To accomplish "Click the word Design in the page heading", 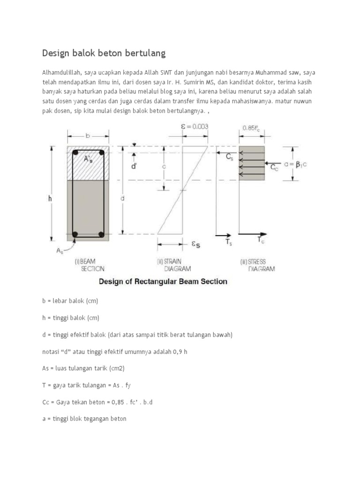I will coord(56,53).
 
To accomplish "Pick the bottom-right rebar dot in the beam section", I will coord(100,233).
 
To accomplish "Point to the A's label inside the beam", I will coord(88,159).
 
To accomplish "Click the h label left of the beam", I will coord(50,199).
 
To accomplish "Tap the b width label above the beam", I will coord(88,136).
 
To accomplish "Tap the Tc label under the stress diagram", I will coord(261,240).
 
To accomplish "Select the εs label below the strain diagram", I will coord(195,244).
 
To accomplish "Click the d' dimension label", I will coord(134,165).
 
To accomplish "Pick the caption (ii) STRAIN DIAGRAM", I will coord(174,265).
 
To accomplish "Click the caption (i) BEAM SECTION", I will coord(90,265).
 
